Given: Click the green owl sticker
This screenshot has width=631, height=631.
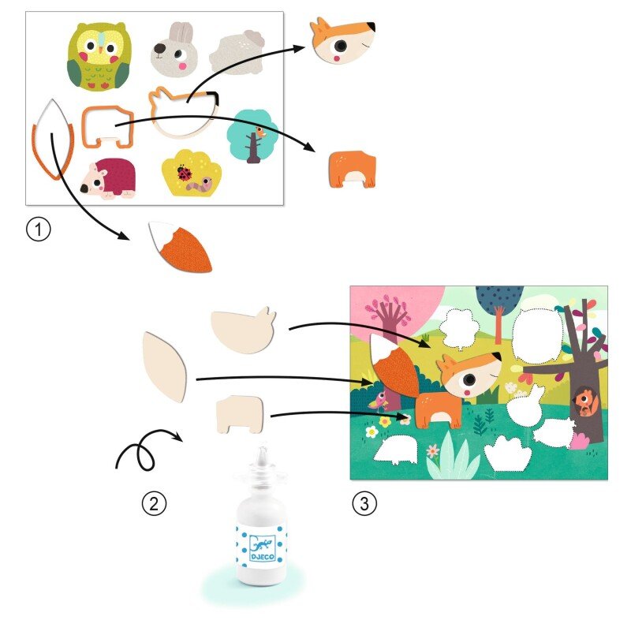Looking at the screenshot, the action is pyautogui.click(x=99, y=57).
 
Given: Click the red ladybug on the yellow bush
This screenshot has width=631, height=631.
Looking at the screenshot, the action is pyautogui.click(x=185, y=173).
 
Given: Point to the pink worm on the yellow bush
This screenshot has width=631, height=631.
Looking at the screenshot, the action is pyautogui.click(x=201, y=186).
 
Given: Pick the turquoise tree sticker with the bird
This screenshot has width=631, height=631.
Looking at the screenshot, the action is pyautogui.click(x=252, y=136).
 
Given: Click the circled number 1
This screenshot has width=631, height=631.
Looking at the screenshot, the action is pyautogui.click(x=38, y=230).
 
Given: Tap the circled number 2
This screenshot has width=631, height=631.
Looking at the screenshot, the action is pyautogui.click(x=154, y=503).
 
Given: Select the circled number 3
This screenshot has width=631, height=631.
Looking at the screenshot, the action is pyautogui.click(x=364, y=503).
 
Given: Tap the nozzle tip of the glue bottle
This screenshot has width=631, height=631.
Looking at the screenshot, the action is pyautogui.click(x=263, y=448).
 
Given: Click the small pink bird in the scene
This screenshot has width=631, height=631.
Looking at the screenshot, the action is pyautogui.click(x=379, y=400).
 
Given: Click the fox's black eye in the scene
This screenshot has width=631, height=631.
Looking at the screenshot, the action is pyautogui.click(x=469, y=379).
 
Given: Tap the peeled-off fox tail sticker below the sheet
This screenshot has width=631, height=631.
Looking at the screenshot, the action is pyautogui.click(x=181, y=246).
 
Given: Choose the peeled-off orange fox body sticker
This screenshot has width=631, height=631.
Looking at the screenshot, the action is pyautogui.click(x=353, y=169).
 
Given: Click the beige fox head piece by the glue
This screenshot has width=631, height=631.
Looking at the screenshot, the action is pyautogui.click(x=244, y=330).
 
